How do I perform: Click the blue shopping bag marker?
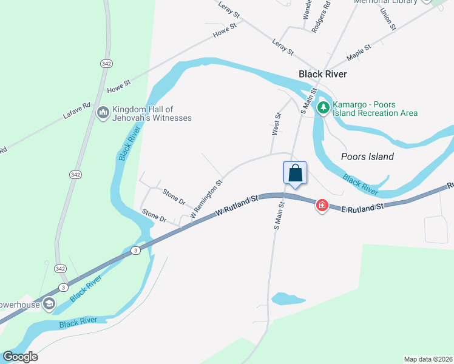tap(295, 173)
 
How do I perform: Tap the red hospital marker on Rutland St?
tap(322, 206)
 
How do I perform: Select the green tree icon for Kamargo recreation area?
tap(324, 108)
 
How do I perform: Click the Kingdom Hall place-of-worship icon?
tap(103, 113)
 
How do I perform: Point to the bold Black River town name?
tap(322, 74)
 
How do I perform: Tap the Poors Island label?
tap(368, 157)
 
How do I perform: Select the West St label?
tap(277, 123)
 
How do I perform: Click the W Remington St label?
tap(206, 199)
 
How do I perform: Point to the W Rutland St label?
tap(237, 205)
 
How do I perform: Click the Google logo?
tap(20, 357)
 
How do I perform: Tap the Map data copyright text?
tap(428, 359)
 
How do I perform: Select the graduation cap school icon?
tap(49, 303)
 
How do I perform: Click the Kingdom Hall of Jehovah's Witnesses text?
tap(152, 113)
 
